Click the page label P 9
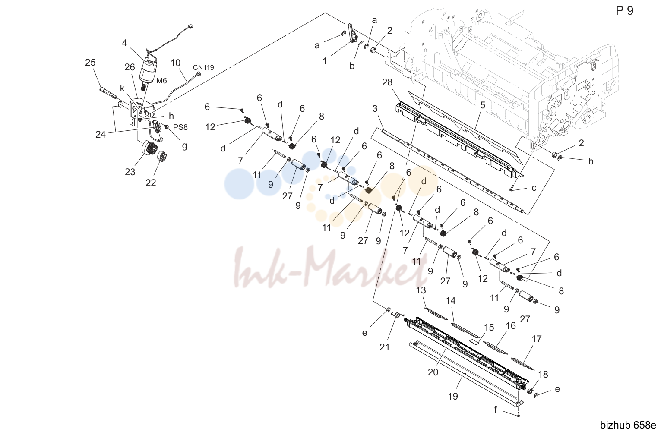point(625,11)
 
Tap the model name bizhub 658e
point(628,425)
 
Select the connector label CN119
point(203,68)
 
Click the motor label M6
point(161,81)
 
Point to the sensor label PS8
point(180,127)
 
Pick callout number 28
point(387,82)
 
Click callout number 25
point(90,63)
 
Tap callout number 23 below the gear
point(130,172)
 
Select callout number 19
point(453,396)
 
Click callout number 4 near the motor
point(124,43)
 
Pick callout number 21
point(385,347)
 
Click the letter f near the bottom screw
point(495,409)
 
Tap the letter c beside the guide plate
point(534,188)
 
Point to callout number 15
point(489,328)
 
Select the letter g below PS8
point(184,146)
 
